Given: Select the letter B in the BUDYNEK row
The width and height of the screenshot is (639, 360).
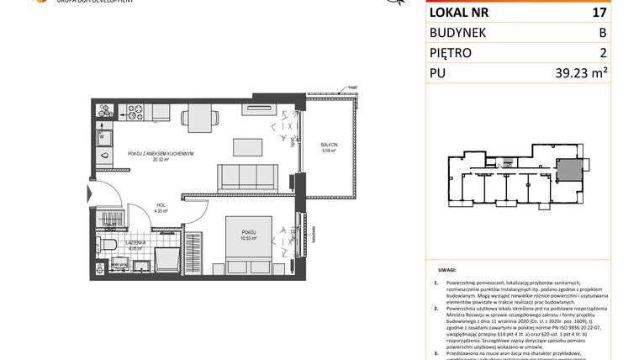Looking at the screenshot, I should (625, 33).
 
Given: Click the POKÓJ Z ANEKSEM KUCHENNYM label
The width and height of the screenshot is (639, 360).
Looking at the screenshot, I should (161, 154).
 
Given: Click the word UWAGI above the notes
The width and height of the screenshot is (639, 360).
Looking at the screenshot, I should (446, 272).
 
